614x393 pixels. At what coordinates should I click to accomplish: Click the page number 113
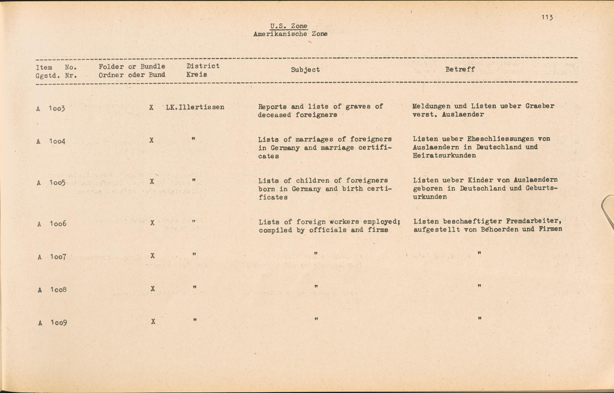(x=547, y=17)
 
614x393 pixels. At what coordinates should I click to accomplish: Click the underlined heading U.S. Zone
(x=289, y=26)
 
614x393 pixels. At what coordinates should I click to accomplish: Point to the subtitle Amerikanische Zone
(x=290, y=34)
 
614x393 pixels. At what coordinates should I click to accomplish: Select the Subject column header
(x=305, y=70)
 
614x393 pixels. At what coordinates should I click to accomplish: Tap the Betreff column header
(x=460, y=69)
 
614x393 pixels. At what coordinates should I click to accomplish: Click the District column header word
(x=203, y=66)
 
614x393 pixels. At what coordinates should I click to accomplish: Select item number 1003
(x=57, y=108)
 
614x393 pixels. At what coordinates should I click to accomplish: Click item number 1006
(x=58, y=224)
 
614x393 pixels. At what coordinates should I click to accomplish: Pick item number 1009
(x=59, y=322)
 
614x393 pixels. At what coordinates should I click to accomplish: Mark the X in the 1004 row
(x=151, y=141)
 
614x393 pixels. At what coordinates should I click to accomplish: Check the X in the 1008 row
(x=153, y=289)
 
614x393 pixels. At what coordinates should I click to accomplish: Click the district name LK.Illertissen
(x=195, y=107)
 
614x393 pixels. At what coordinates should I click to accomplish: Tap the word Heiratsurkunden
(x=444, y=156)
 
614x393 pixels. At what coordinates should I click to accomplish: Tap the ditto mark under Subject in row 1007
(x=316, y=253)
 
